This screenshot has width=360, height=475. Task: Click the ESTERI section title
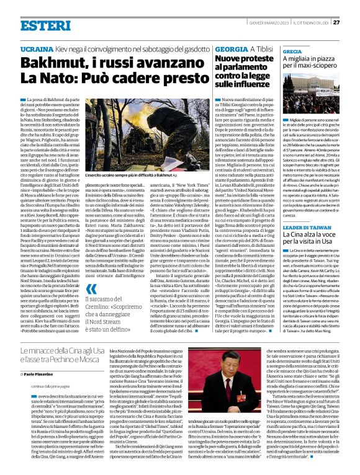point(37,25)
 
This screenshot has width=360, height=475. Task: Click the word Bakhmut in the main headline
point(50,64)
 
